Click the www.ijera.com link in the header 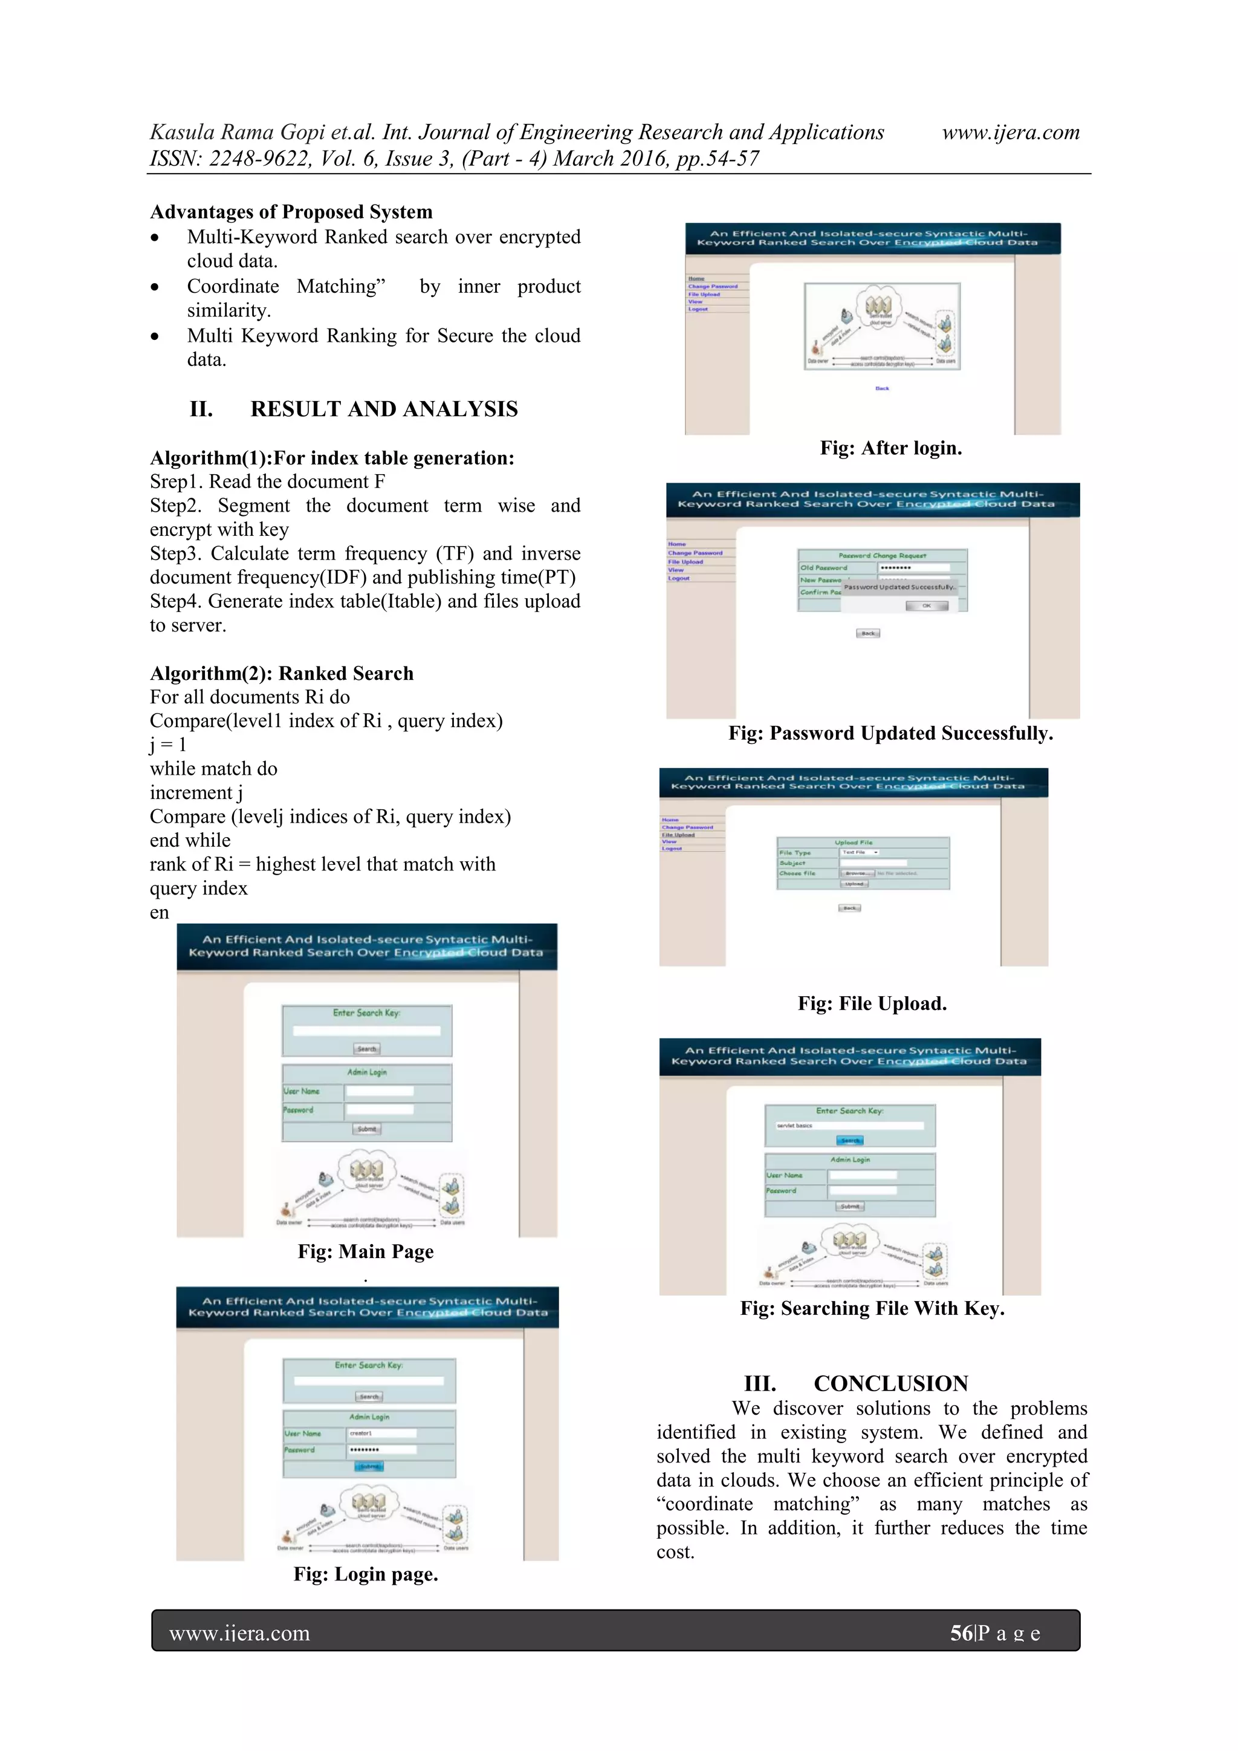(x=1010, y=132)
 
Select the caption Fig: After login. (x=890, y=448)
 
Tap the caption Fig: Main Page (x=365, y=1251)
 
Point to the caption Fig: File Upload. (x=872, y=1003)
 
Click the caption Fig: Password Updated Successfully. (x=890, y=734)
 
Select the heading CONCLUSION (x=890, y=1383)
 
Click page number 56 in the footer (x=961, y=1633)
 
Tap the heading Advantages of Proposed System (x=291, y=212)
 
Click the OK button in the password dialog (x=926, y=605)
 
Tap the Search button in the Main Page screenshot (x=367, y=1049)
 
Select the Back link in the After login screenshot (x=882, y=389)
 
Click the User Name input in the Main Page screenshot (x=380, y=1091)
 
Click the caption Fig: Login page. (x=365, y=1574)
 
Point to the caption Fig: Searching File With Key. (x=872, y=1309)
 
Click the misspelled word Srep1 (x=175, y=482)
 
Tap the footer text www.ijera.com (x=239, y=1634)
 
